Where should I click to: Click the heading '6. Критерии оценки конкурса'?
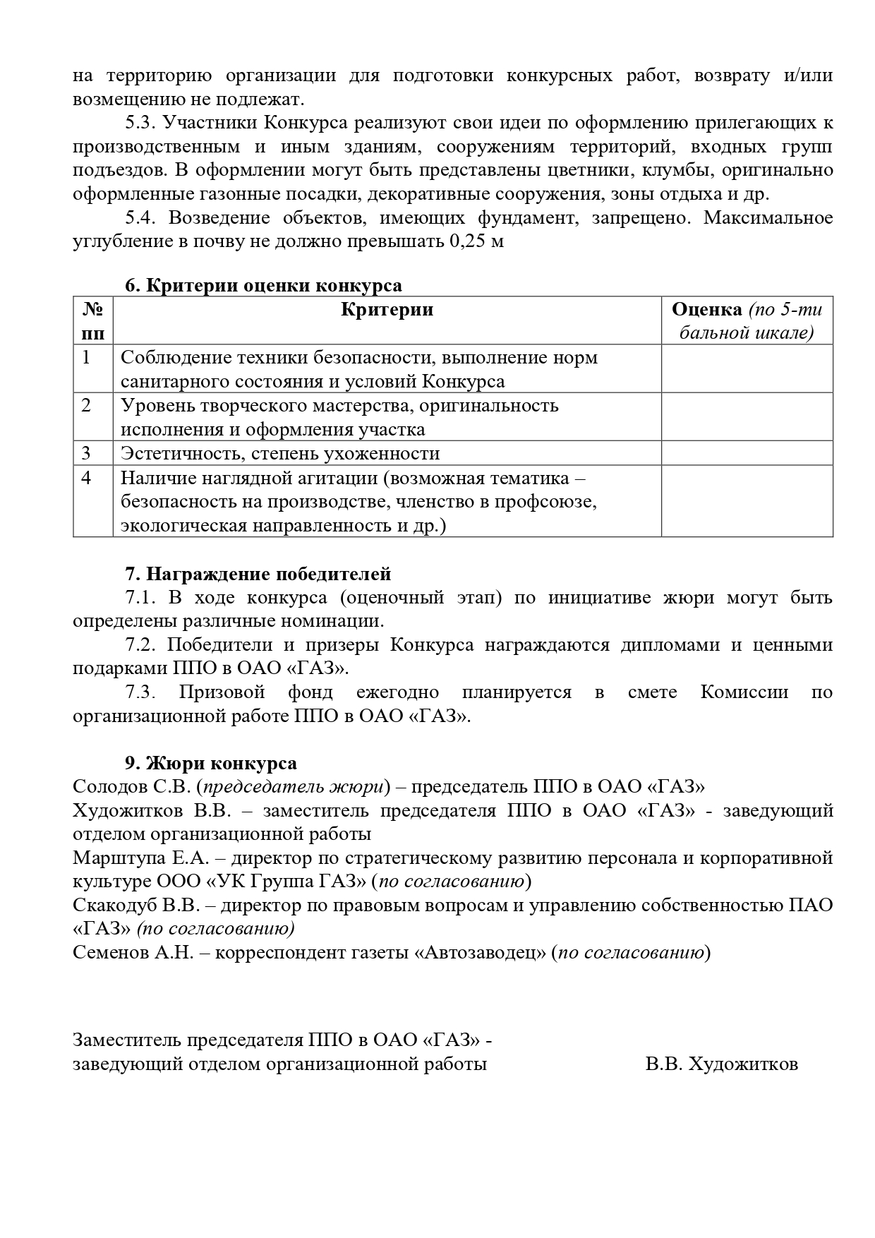tap(263, 286)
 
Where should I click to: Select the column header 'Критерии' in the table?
tap(387, 310)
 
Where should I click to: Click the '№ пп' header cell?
tap(93, 320)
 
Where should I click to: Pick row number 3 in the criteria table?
tap(86, 453)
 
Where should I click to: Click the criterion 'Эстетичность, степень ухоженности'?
tap(280, 453)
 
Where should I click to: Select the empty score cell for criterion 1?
tap(747, 368)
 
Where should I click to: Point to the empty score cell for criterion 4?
tap(747, 501)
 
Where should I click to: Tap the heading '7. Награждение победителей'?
tap(258, 575)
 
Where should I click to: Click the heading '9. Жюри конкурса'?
tap(211, 764)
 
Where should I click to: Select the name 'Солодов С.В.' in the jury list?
tap(131, 787)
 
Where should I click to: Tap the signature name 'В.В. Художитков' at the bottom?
tap(721, 1064)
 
